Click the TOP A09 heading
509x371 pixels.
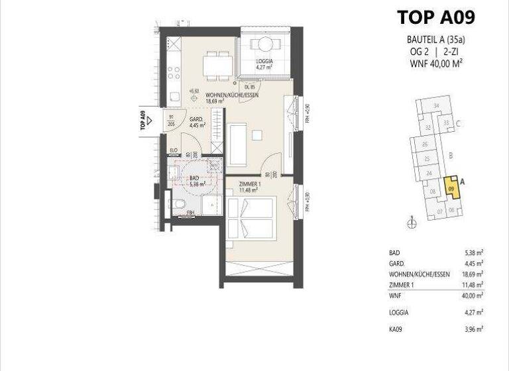(435, 17)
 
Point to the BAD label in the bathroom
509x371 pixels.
(194, 179)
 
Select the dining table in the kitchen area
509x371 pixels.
(217, 62)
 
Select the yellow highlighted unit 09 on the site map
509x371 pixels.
(451, 188)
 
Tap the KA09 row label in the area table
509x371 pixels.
(396, 328)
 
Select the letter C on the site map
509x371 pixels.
(459, 123)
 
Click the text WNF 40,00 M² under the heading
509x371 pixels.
(435, 64)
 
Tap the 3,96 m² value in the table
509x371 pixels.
(473, 328)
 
